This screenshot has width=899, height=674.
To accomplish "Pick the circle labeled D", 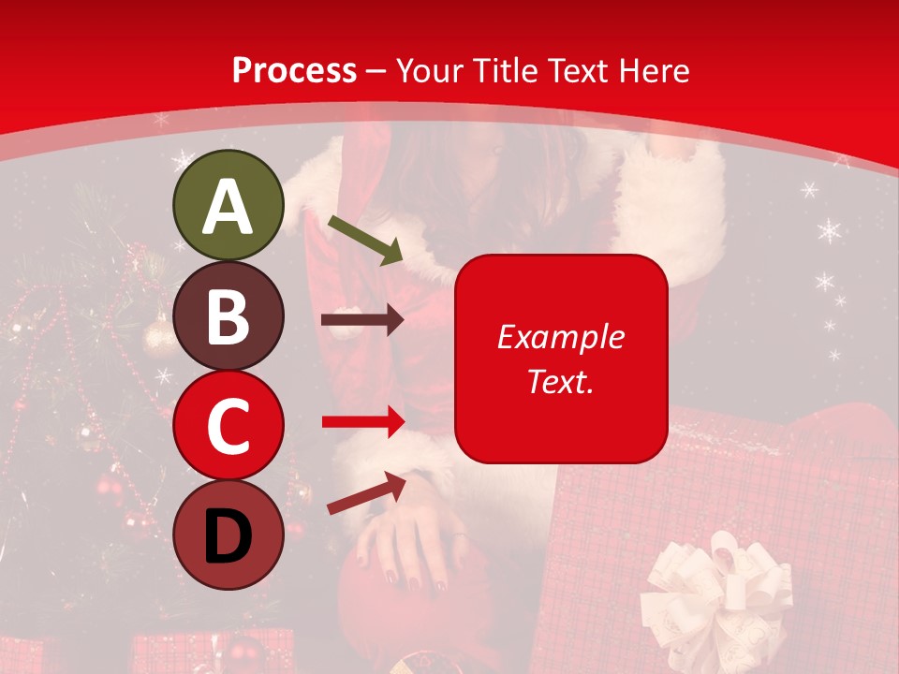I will point(228,535).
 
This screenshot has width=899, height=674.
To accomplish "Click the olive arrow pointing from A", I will point(365,240).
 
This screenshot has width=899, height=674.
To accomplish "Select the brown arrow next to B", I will point(361,320).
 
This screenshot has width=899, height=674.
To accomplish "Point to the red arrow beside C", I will point(362,422).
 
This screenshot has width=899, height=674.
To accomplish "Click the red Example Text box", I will point(561,359).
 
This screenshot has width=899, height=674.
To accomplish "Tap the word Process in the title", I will point(294,70).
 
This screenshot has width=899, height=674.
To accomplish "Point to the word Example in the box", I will point(560,337).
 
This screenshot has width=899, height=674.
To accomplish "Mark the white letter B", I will point(228,316).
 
